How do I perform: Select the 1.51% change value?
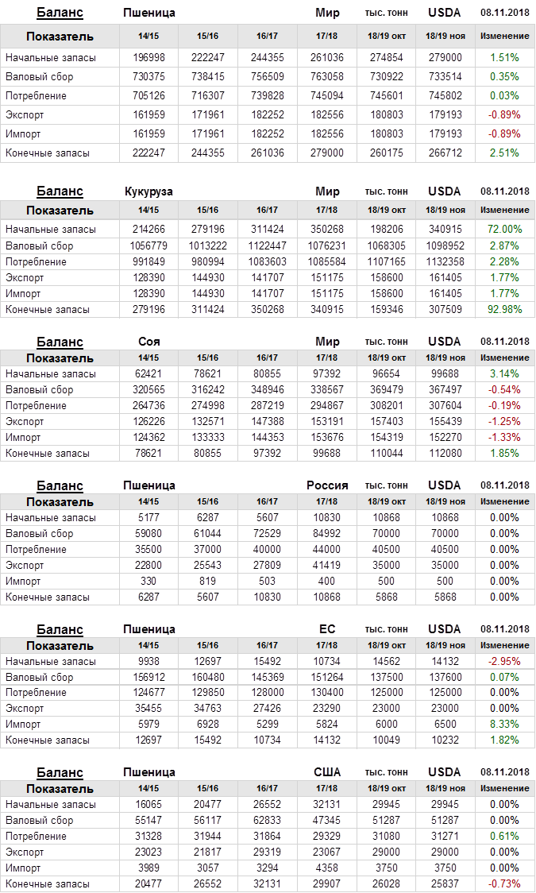click(504, 58)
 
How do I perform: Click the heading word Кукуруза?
click(148, 191)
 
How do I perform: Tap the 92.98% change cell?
click(504, 310)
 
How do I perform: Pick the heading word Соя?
click(148, 342)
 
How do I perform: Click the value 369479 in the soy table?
click(387, 390)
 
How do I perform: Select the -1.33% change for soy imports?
click(504, 438)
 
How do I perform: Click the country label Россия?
click(327, 485)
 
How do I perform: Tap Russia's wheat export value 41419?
click(327, 566)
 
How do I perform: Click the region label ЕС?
click(327, 629)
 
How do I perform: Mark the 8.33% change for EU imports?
click(504, 725)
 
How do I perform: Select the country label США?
click(327, 772)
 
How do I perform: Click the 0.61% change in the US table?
click(504, 837)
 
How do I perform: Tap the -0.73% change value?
click(504, 884)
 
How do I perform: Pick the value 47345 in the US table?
click(327, 821)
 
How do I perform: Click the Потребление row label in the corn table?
click(36, 262)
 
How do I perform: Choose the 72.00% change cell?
click(504, 230)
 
